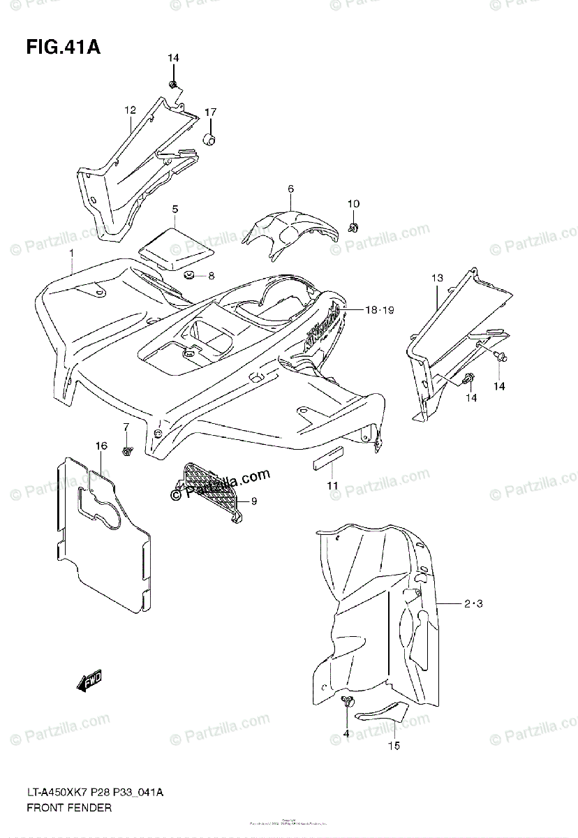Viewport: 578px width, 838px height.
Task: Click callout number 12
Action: (x=130, y=110)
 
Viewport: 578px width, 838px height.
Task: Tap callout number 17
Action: (x=210, y=112)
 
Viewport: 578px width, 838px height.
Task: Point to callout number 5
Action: (x=175, y=208)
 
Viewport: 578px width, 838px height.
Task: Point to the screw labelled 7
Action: (x=127, y=450)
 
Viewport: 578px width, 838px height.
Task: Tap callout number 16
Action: (x=102, y=446)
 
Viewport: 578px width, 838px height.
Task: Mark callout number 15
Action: (x=394, y=746)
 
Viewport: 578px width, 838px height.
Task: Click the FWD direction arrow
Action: (x=90, y=681)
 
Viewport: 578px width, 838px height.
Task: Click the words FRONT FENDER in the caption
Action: (x=69, y=807)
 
